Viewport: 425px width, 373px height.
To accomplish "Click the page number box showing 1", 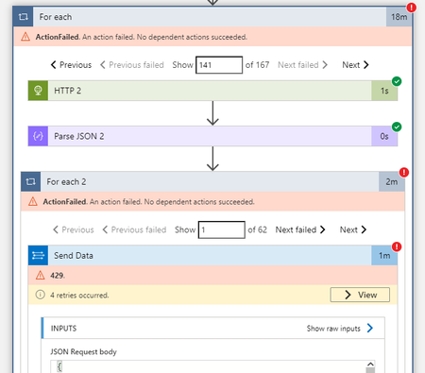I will click(221, 229).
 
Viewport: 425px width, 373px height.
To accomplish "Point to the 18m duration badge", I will click(399, 17).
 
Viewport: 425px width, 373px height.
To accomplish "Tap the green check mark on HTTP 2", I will click(397, 80).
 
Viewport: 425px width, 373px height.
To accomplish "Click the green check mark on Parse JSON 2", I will click(397, 127).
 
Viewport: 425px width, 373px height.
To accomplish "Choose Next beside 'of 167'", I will click(354, 65).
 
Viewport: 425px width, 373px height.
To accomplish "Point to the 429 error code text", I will click(58, 275).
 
